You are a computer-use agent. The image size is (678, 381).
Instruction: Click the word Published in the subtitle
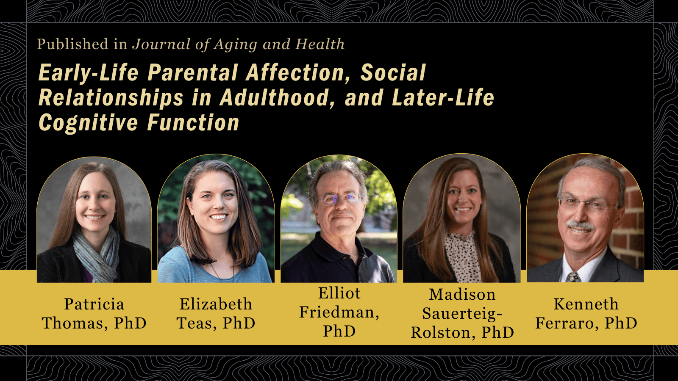point(72,44)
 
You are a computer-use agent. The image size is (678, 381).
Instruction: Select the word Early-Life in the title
point(88,73)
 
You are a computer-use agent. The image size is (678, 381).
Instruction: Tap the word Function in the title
point(193,123)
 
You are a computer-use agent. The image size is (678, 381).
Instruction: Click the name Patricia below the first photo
point(94,304)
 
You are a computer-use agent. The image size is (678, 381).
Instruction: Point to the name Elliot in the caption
point(339,293)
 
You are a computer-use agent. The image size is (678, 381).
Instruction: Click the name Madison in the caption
point(462,294)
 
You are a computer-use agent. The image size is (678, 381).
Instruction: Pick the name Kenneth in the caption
point(586,304)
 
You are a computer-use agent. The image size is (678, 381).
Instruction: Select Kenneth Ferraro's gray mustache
point(580,225)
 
